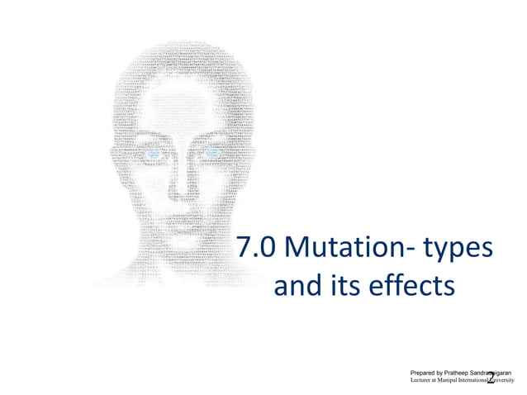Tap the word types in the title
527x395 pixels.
click(x=458, y=250)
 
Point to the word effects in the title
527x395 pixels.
click(x=411, y=287)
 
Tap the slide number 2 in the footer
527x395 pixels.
click(x=491, y=378)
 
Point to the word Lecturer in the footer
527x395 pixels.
click(x=423, y=382)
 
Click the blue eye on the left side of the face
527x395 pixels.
click(x=154, y=154)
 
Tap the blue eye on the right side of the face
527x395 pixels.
click(x=211, y=154)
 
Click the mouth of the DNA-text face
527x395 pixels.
click(x=183, y=221)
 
